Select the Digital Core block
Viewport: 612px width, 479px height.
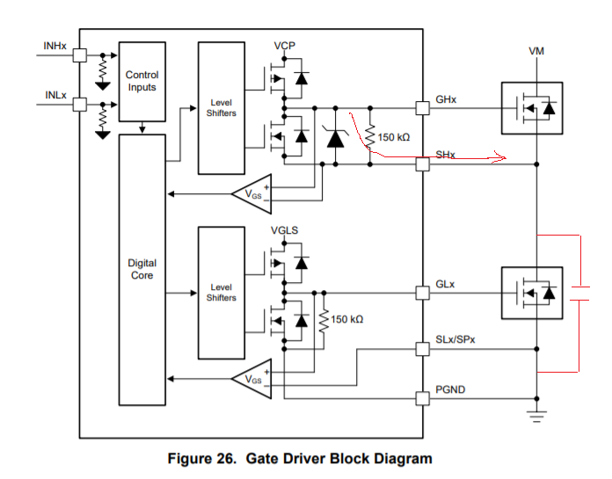tap(142, 269)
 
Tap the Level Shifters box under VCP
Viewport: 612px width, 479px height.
tap(221, 107)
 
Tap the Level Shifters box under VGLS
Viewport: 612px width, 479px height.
tap(221, 292)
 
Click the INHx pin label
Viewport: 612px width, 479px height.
tap(55, 45)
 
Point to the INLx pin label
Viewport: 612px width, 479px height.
tap(55, 94)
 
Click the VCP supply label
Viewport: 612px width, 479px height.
tap(284, 45)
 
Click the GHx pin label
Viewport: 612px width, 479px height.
tap(446, 100)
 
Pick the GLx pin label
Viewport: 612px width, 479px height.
tap(446, 286)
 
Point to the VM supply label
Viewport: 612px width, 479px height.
tap(536, 52)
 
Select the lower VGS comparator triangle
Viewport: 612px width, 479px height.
tap(251, 379)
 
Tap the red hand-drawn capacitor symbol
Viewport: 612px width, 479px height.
tap(579, 293)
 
